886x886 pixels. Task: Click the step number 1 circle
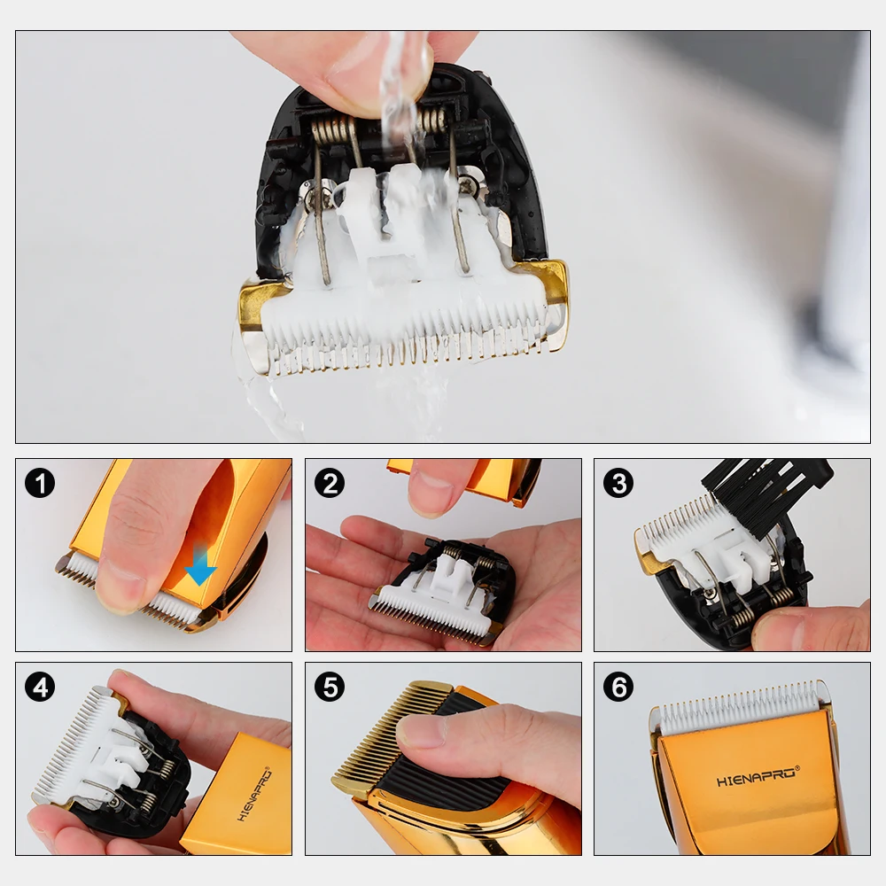pyautogui.click(x=40, y=483)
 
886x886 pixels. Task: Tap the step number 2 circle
pyautogui.click(x=330, y=483)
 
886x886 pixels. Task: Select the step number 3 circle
pyautogui.click(x=618, y=483)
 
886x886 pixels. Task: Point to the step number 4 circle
pyautogui.click(x=40, y=687)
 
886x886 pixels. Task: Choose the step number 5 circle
pyautogui.click(x=330, y=687)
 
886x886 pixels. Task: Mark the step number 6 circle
pyautogui.click(x=618, y=687)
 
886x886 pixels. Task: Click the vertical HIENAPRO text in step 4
pyautogui.click(x=255, y=795)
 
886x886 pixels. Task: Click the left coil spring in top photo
pyautogui.click(x=330, y=132)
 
